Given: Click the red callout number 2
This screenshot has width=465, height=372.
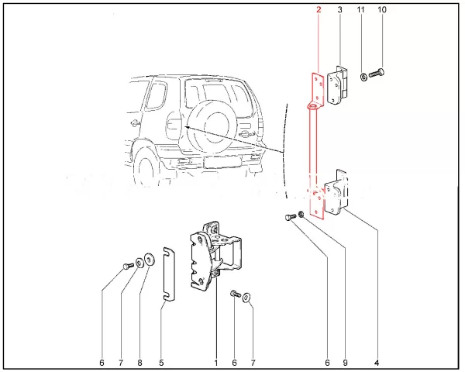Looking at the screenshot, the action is [x=319, y=10].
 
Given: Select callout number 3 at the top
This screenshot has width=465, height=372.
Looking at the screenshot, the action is [x=340, y=10].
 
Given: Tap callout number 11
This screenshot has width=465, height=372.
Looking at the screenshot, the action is [x=360, y=10].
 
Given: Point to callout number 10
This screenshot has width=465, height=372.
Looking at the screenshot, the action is [x=382, y=10].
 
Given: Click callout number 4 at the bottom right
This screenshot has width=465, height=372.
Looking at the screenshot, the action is [x=377, y=363].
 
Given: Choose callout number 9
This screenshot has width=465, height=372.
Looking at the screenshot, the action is [x=345, y=363].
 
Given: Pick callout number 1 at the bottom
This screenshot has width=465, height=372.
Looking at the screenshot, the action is [x=216, y=363].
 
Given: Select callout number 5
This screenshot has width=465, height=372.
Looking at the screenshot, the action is [x=161, y=363].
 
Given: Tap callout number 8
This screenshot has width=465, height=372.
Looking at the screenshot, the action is [x=139, y=363].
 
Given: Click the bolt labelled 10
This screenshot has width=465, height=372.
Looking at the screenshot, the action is [x=377, y=73].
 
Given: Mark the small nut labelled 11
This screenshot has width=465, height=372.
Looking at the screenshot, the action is [x=363, y=77].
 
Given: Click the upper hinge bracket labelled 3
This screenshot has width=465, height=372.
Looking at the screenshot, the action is [x=337, y=85].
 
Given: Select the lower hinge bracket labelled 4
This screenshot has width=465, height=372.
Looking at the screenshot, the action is [x=336, y=193].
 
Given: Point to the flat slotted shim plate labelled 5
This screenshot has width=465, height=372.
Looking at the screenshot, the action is [x=169, y=274].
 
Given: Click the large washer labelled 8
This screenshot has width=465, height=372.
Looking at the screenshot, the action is [x=150, y=260].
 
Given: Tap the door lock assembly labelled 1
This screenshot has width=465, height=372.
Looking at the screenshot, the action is [x=214, y=257].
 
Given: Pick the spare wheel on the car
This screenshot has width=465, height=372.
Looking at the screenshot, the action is [x=208, y=129].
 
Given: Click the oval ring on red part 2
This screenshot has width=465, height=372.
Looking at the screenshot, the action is [x=313, y=106].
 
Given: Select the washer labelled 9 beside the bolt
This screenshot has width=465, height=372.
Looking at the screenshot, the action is [x=301, y=214].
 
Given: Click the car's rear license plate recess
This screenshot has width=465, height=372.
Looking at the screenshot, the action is [x=222, y=162].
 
